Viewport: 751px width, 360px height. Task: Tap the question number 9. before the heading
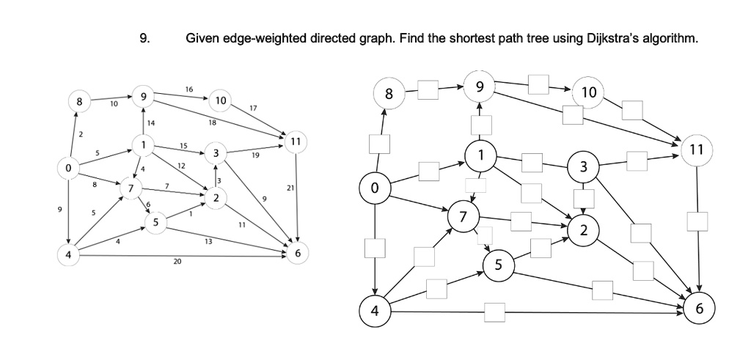tap(144, 38)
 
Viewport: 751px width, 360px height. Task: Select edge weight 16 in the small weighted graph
tap(189, 89)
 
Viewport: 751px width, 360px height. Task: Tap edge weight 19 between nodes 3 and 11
tap(255, 155)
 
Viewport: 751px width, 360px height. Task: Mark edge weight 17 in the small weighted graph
tap(253, 109)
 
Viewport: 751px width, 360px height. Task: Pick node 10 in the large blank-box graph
tap(589, 93)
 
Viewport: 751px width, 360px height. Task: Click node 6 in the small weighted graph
tap(296, 253)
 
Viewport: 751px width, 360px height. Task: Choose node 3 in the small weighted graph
tap(214, 153)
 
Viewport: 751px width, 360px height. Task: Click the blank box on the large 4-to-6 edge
tap(494, 312)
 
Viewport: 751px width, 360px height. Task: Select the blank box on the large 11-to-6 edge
tap(697, 221)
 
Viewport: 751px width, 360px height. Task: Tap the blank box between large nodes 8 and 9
tap(429, 92)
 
